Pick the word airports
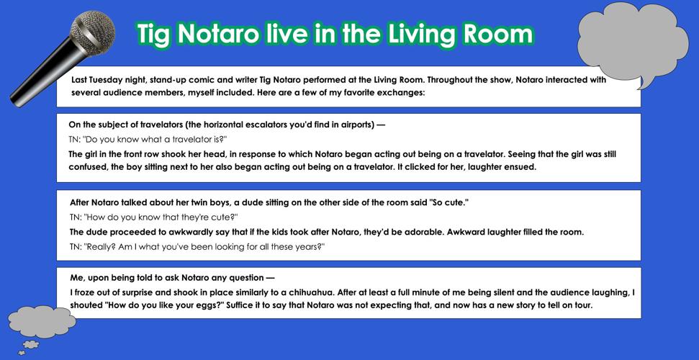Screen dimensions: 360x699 pyautogui.click(x=353, y=125)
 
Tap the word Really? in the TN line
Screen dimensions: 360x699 pyautogui.click(x=103, y=246)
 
